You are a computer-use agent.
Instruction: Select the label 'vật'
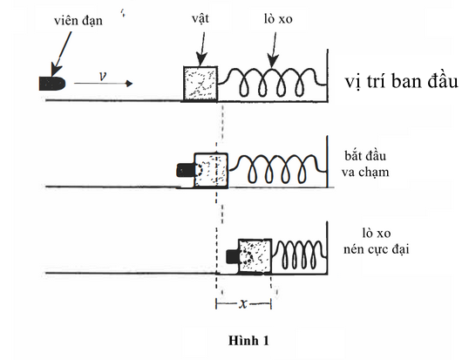click(199, 17)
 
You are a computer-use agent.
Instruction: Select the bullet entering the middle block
click(185, 169)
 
